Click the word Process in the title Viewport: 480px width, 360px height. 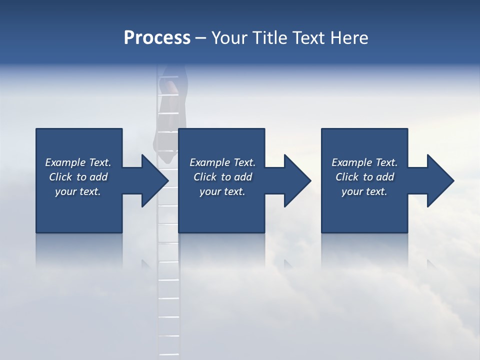157,38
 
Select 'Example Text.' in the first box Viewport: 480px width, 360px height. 78,162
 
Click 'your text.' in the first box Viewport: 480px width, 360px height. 78,191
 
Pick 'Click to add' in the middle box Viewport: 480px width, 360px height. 222,177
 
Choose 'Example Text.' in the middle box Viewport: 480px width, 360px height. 222,162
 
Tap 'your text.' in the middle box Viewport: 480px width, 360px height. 222,191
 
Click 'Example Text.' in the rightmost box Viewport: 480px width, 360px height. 364,162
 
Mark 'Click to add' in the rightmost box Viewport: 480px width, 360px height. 364,177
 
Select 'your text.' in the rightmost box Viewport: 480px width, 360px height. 364,191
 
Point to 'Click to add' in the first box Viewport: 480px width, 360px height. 78,177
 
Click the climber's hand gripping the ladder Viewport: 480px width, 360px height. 171,87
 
